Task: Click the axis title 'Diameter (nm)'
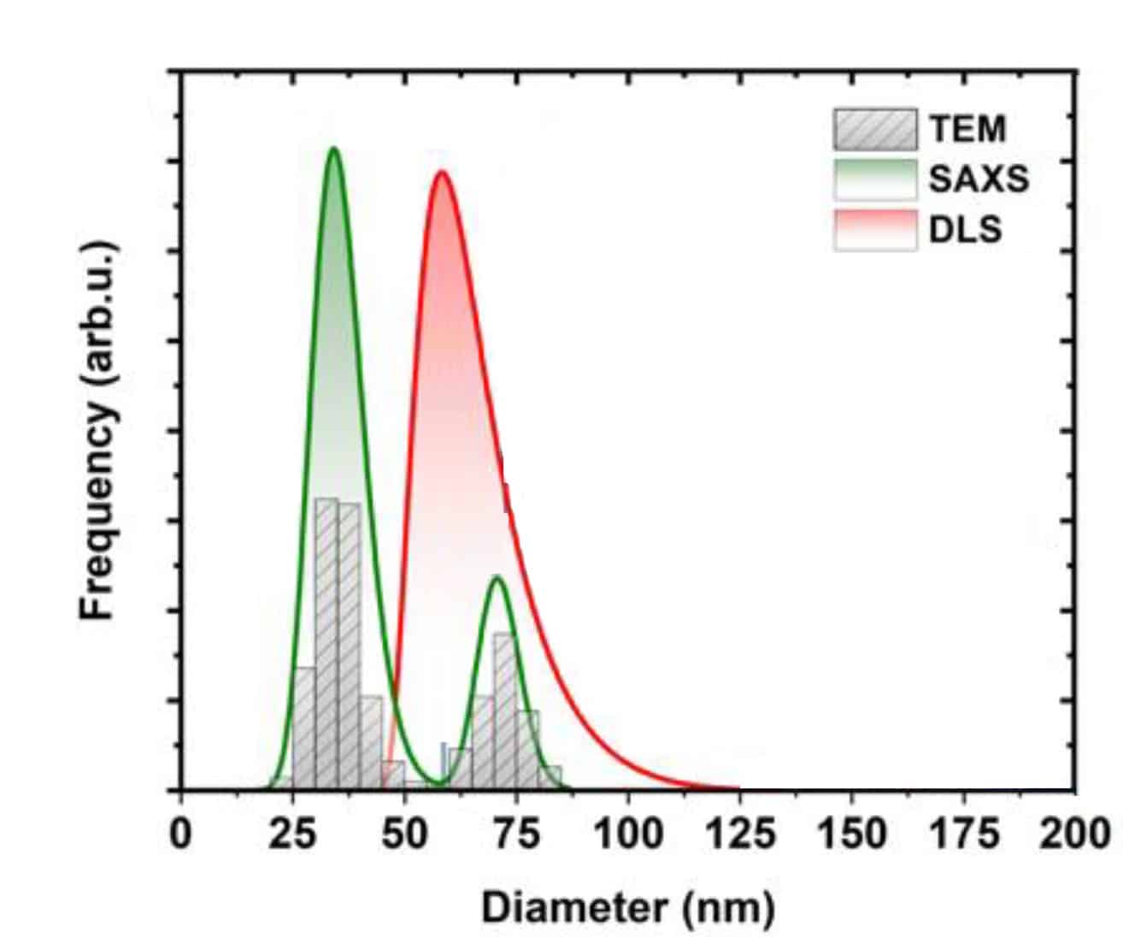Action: pyautogui.click(x=628, y=908)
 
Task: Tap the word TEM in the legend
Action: pyautogui.click(x=967, y=129)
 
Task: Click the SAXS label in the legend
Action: pyautogui.click(x=979, y=180)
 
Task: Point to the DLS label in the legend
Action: pyautogui.click(x=965, y=230)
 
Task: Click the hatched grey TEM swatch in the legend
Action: pyautogui.click(x=875, y=129)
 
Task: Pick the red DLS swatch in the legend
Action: pyautogui.click(x=875, y=230)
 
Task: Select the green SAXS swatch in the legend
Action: pyautogui.click(x=875, y=180)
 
